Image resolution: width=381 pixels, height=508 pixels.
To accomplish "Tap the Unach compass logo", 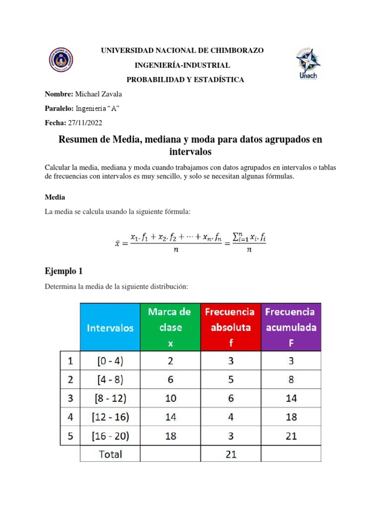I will [309, 64].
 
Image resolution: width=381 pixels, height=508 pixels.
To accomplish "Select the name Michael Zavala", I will [98, 94].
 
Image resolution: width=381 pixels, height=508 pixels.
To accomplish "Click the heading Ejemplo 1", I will [63, 271].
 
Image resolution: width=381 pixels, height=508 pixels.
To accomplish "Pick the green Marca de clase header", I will [170, 327].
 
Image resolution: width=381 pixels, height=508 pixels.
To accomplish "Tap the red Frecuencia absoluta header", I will [230, 327].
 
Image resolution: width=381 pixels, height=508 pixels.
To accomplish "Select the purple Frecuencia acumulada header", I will [290, 327].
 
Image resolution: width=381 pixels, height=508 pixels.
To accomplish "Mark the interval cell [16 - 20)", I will [110, 436].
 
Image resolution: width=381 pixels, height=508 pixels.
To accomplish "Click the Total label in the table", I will [110, 454].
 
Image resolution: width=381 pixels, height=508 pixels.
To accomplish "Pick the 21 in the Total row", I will [230, 454].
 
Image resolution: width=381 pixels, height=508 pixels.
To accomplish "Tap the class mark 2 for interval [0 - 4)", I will [170, 362].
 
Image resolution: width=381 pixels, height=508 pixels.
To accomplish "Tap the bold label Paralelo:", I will [60, 108].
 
